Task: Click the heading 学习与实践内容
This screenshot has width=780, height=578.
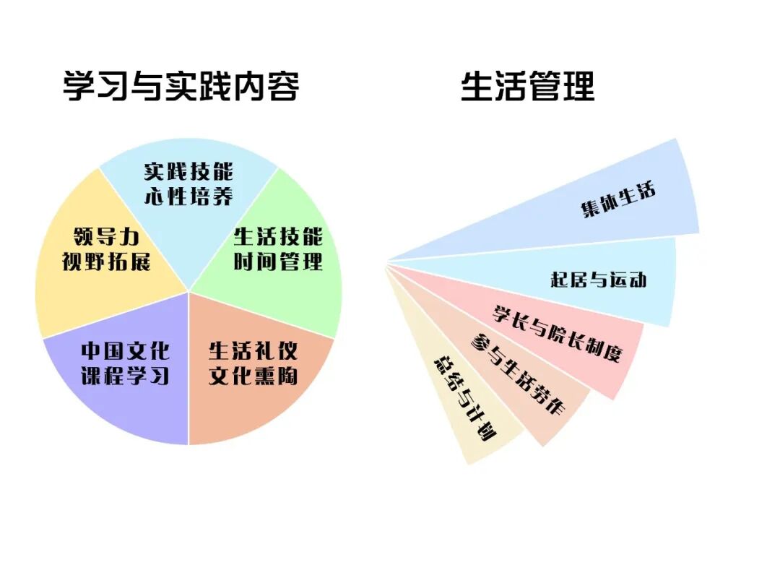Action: coord(181,87)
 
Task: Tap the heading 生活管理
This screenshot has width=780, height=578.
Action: coord(527,87)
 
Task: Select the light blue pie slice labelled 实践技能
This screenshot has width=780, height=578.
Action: coord(188,217)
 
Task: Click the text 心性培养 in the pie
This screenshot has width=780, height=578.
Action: coord(188,196)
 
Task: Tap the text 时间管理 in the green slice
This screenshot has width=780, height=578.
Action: coord(278,261)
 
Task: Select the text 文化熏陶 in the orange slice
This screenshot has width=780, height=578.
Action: coord(253,376)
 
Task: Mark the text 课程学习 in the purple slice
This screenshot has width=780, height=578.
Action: coord(125,376)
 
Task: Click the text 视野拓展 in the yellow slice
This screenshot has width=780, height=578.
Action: coord(106,261)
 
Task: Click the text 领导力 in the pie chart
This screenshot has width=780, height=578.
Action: coord(106,237)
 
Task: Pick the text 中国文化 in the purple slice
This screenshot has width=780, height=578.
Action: coord(125,352)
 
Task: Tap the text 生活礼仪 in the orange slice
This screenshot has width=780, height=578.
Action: coord(253,352)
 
